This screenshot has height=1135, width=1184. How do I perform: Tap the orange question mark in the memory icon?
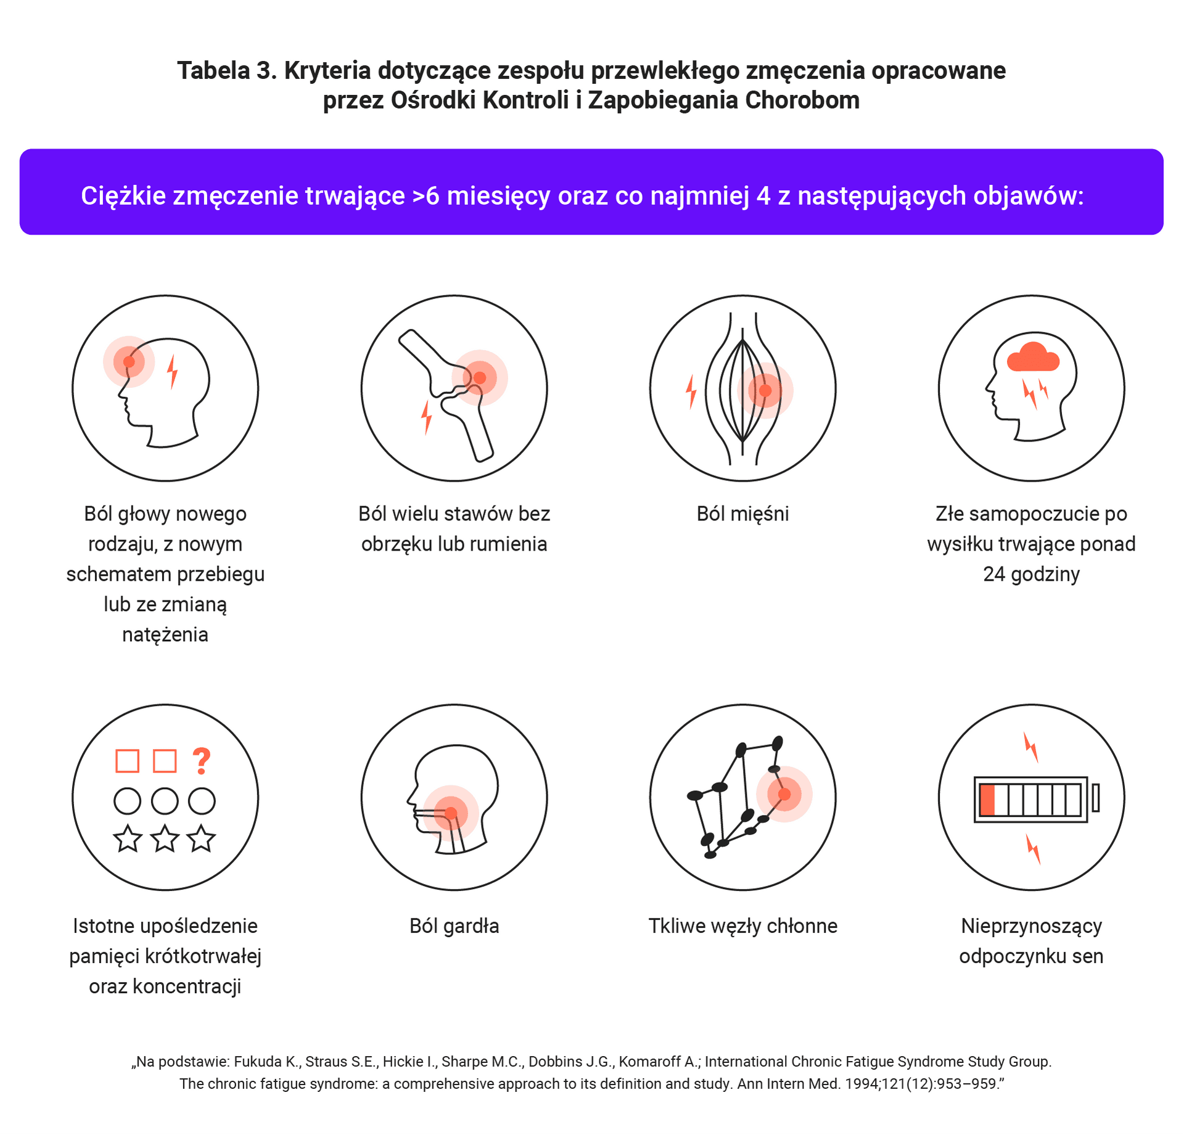click(x=202, y=761)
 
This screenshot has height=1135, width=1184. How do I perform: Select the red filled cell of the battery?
click(x=987, y=800)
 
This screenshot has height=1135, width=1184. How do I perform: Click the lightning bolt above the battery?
click(x=1031, y=747)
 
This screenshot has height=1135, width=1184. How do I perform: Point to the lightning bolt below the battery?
click(x=1033, y=849)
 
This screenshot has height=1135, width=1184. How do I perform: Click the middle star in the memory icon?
click(x=165, y=838)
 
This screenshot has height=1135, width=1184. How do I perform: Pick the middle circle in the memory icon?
click(x=165, y=801)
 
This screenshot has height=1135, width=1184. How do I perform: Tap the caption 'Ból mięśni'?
click(x=742, y=514)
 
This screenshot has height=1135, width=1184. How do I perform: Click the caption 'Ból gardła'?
click(x=454, y=926)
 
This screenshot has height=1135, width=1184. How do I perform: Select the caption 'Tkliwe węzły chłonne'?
click(x=743, y=926)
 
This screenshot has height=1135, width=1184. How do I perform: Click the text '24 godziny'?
click(x=1032, y=574)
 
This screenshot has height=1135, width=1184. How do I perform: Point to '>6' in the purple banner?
click(x=425, y=195)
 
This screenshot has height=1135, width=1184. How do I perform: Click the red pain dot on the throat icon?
click(x=451, y=814)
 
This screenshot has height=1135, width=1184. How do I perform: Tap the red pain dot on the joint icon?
click(x=480, y=378)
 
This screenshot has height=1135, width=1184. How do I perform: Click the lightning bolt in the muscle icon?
click(x=691, y=391)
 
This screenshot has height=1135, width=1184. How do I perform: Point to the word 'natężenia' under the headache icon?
click(x=165, y=634)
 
